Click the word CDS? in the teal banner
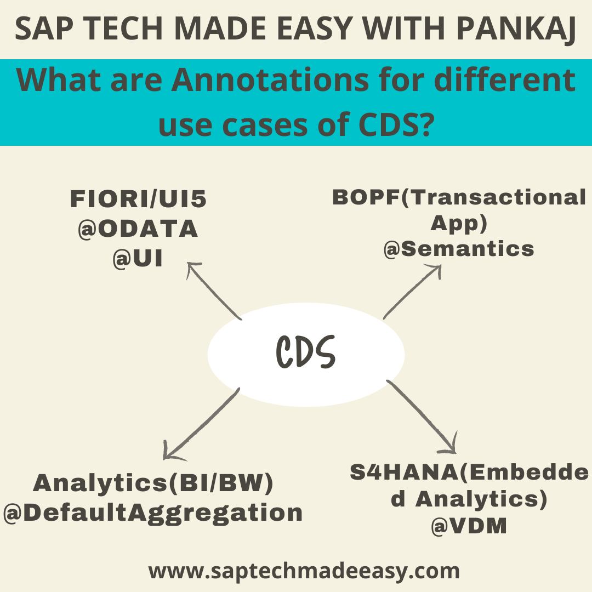click(x=391, y=125)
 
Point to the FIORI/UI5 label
click(x=138, y=200)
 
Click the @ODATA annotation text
click(x=138, y=229)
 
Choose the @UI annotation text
click(x=138, y=259)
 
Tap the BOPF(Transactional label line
click(x=459, y=197)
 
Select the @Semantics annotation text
click(x=459, y=248)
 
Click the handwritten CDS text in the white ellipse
click(x=305, y=353)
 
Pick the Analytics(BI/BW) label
click(x=153, y=483)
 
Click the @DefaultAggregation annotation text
click(x=153, y=513)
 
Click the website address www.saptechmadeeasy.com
click(x=304, y=571)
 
